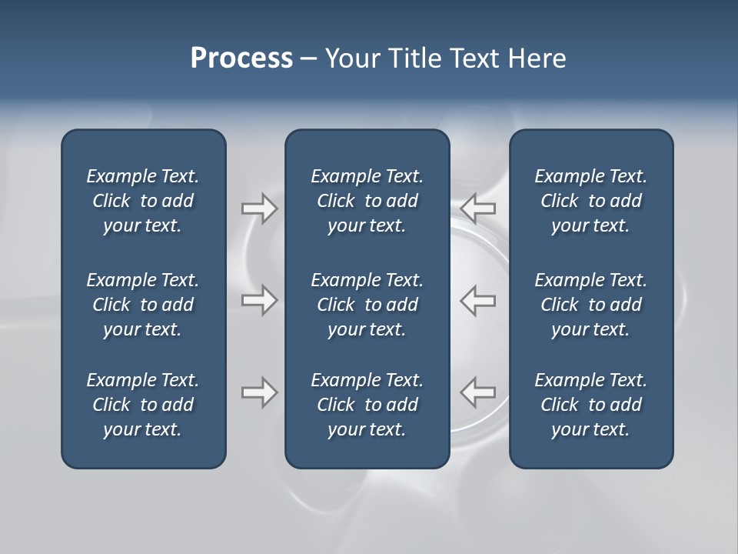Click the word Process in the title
point(241,58)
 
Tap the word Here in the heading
point(536,58)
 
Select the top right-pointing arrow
point(259,209)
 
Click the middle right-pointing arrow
point(259,300)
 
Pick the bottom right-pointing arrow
point(259,392)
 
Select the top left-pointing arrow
point(478,209)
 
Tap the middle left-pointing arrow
point(478,300)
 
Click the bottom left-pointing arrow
point(478,392)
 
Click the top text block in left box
point(143,201)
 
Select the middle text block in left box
point(143,305)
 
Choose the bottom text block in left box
point(143,405)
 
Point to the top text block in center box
point(367,201)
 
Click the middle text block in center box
point(367,305)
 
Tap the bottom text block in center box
point(367,405)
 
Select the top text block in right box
point(591,201)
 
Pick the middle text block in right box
point(591,305)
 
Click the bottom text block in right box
point(591,405)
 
